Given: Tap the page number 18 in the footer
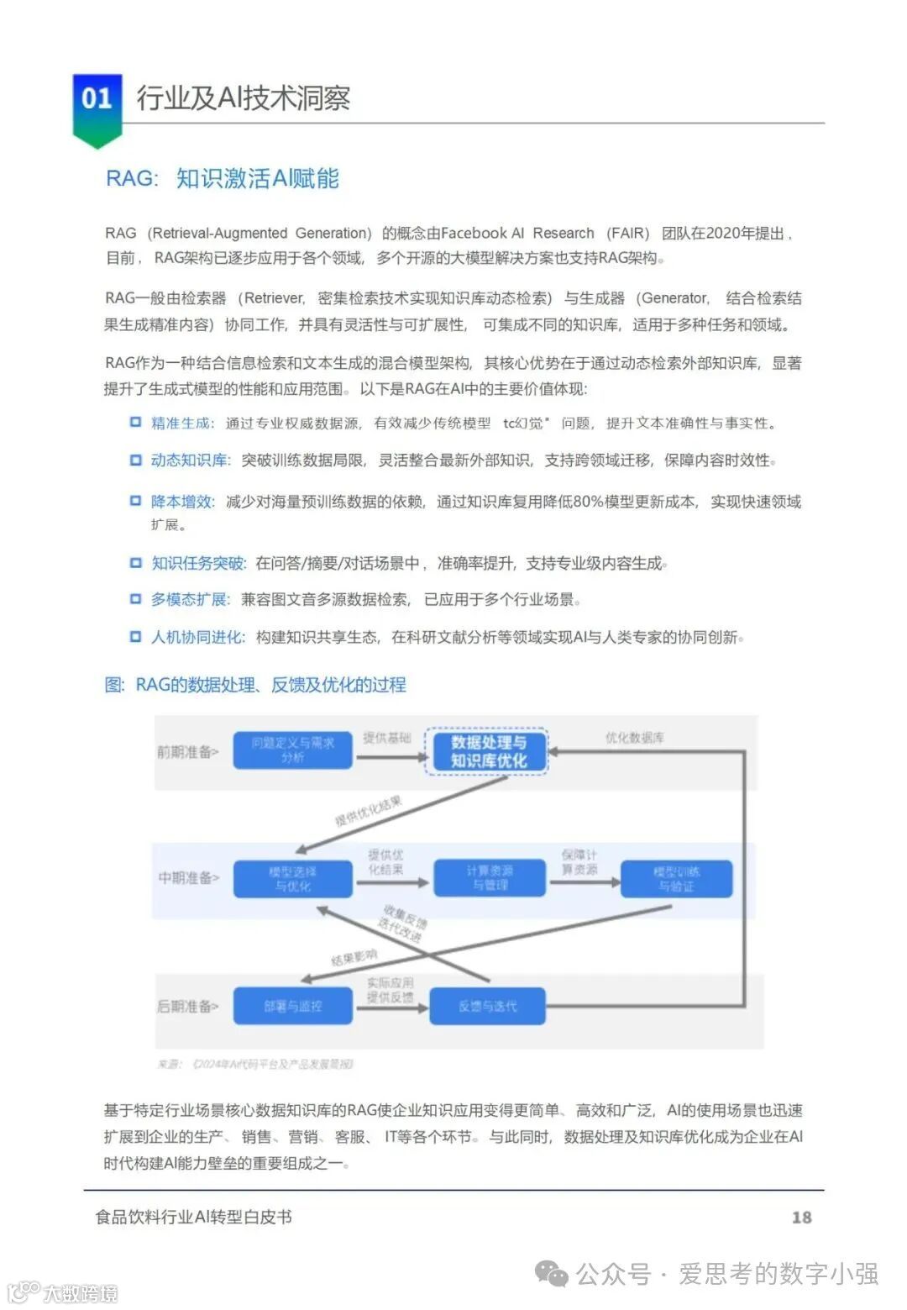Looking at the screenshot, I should [801, 1217].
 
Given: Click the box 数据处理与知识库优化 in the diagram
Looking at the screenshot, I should [487, 751].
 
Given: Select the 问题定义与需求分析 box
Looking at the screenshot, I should [292, 750].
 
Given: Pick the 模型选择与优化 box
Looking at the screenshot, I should [292, 879].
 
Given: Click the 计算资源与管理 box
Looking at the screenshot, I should [490, 878].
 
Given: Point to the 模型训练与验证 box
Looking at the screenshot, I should [676, 879].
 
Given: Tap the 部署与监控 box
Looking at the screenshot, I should [292, 1006].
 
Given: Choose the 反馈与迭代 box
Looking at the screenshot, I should [488, 1006].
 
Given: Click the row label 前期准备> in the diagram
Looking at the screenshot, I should [187, 751].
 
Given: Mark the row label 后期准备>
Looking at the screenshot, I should [187, 1006].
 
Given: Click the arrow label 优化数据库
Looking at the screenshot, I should [634, 738].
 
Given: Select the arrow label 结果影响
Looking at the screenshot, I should [354, 957].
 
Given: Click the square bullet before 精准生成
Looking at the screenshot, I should [135, 422].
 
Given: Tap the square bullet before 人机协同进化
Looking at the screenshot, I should [135, 637].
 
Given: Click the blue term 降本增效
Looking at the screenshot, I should [181, 502].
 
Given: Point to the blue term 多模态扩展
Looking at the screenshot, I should [189, 599].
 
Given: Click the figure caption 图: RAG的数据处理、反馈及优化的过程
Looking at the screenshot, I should [254, 685].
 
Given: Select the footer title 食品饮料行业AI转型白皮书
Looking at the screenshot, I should [193, 1217].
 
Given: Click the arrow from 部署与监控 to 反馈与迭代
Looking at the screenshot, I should [391, 1007].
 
